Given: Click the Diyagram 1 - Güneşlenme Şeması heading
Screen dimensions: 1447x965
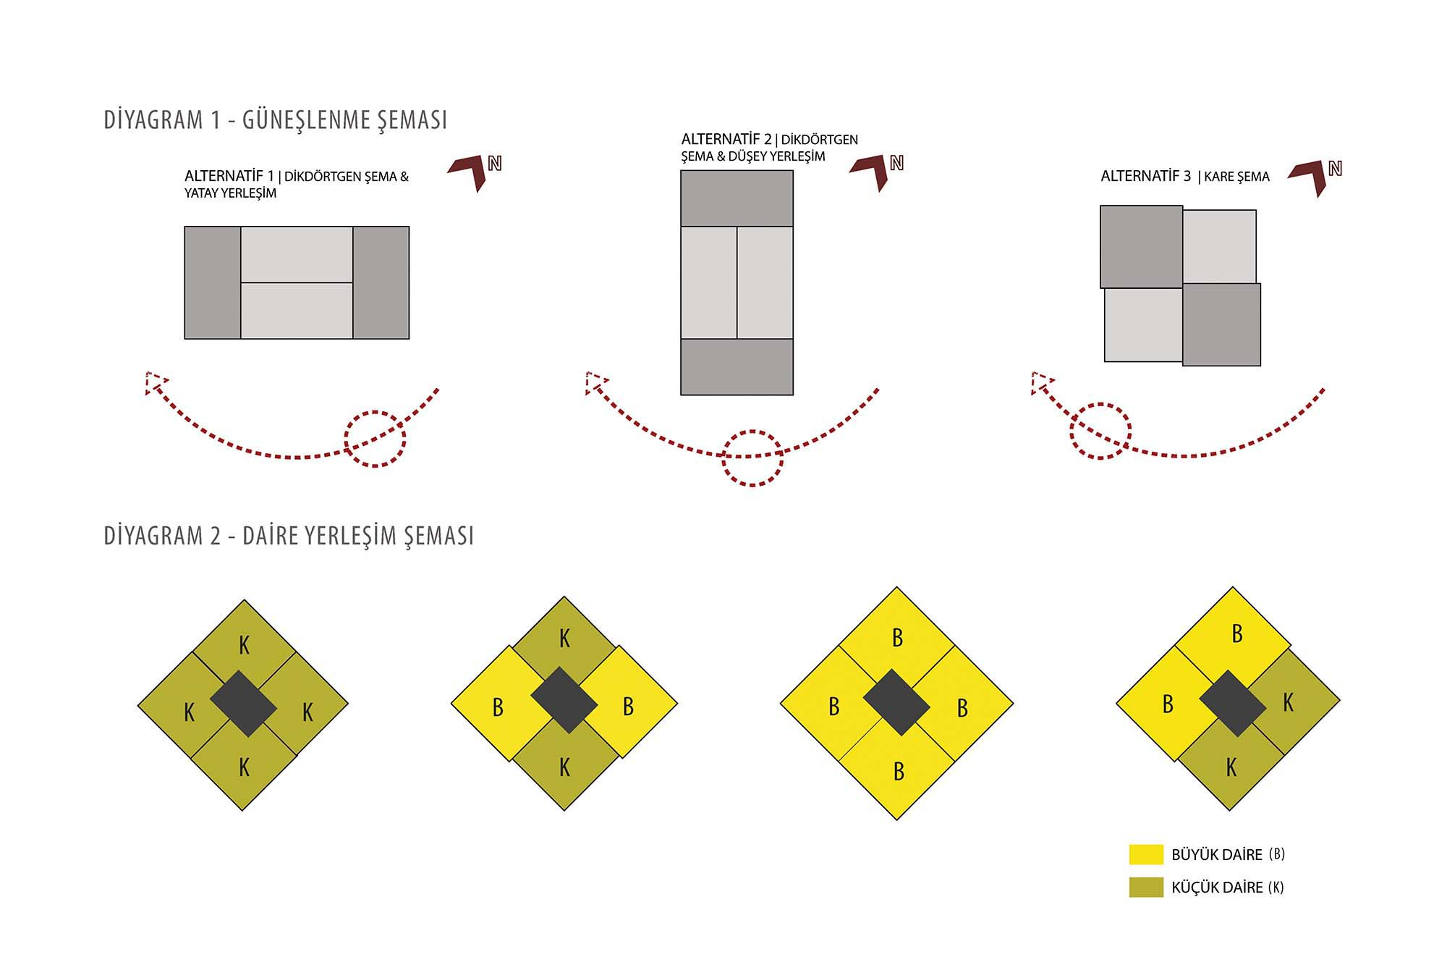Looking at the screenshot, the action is [x=276, y=120].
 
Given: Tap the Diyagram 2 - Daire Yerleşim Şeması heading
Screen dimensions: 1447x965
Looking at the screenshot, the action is [x=289, y=536].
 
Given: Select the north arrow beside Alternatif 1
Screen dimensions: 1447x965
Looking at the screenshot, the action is [x=475, y=173].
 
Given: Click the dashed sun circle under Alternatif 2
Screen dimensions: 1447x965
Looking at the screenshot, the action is [x=752, y=458].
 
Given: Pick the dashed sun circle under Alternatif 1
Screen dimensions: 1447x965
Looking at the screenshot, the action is [x=375, y=439].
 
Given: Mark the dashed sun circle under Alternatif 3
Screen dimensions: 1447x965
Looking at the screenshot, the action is [x=1100, y=431].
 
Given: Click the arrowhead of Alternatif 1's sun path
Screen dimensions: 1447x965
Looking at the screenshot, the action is [x=155, y=382].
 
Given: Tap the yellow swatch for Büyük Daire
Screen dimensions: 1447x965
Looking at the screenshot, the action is [x=1146, y=854].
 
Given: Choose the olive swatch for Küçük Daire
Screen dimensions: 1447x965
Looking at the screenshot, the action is [x=1146, y=888].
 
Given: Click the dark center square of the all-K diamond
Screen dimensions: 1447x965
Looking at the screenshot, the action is [x=243, y=704].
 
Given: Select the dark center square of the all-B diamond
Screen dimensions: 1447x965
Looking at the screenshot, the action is [x=897, y=703].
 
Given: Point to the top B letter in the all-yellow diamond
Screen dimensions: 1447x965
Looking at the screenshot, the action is [x=898, y=638].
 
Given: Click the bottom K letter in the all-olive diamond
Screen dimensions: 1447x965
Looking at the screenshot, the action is [x=244, y=767].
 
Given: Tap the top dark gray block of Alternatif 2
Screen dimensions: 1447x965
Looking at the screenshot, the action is [x=737, y=198].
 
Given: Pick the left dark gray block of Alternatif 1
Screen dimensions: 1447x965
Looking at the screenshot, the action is [x=213, y=283].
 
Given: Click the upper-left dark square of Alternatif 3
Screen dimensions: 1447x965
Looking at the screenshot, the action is [x=1142, y=247].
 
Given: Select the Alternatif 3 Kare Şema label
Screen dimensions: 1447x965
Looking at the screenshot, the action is [x=1185, y=176].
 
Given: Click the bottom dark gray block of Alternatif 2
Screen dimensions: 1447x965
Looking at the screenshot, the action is [x=737, y=367].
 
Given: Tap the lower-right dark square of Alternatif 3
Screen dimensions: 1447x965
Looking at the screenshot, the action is [x=1222, y=324].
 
